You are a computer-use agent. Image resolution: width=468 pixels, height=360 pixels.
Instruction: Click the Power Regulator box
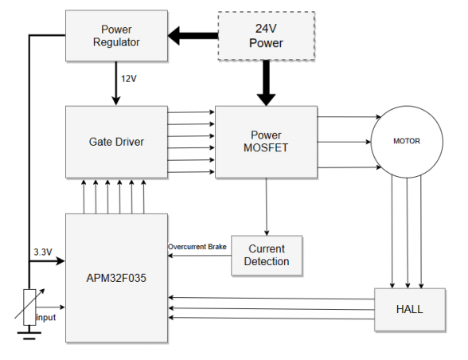point(116,36)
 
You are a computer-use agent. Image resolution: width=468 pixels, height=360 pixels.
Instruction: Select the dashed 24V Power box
point(266,36)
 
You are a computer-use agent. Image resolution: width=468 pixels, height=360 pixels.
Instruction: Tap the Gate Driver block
point(116,142)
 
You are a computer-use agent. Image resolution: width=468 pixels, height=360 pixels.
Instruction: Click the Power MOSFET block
point(266,142)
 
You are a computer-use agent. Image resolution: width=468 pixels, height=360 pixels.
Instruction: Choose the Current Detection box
point(267,256)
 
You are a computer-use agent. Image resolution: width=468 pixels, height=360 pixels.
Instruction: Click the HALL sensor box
point(410,310)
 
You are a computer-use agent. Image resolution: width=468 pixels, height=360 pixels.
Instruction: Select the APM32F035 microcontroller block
point(116,278)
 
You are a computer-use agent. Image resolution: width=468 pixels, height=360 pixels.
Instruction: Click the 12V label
point(129,79)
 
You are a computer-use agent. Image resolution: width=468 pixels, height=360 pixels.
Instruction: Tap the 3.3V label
point(43,252)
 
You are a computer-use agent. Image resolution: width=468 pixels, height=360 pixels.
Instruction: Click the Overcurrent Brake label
point(197,247)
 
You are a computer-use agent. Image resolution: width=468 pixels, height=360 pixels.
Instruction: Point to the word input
point(45,317)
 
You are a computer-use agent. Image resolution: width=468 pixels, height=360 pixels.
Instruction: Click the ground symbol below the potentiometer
point(29,335)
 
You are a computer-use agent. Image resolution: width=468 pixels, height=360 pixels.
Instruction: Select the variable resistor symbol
point(29,307)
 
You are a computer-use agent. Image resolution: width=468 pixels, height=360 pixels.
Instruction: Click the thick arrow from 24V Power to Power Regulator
point(193,36)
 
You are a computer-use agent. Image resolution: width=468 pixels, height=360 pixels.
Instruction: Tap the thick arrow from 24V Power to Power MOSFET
point(266,83)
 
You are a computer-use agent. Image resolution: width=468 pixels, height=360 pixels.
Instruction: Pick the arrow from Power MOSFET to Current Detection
point(267,207)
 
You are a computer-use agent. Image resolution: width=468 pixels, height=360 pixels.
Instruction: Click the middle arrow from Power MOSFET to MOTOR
point(344,142)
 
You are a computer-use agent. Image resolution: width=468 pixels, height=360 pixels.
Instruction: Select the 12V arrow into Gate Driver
point(116,84)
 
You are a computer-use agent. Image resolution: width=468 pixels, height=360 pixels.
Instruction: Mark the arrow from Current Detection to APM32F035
point(199,256)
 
